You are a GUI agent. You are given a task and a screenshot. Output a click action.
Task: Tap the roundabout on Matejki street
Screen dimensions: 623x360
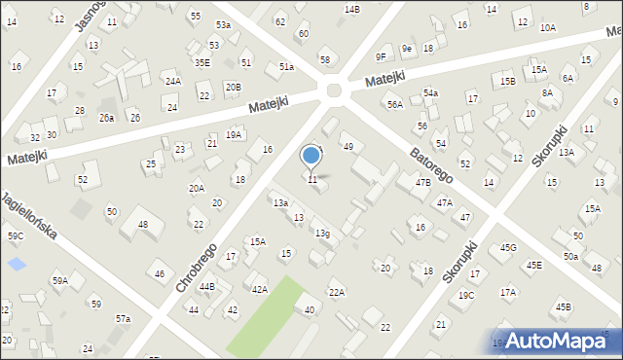pyautogui.click(x=335, y=91)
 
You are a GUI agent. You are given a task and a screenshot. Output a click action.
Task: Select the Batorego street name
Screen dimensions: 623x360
pyautogui.click(x=430, y=153)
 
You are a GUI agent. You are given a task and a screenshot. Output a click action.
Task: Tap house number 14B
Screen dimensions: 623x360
pyautogui.click(x=351, y=9)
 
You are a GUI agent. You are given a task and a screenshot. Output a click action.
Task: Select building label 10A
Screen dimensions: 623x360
pyautogui.click(x=548, y=28)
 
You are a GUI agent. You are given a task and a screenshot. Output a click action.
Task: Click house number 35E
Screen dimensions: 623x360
pyautogui.click(x=202, y=62)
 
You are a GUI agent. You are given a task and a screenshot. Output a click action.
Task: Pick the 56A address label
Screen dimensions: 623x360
pyautogui.click(x=394, y=104)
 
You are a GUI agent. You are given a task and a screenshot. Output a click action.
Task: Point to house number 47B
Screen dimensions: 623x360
pyautogui.click(x=422, y=183)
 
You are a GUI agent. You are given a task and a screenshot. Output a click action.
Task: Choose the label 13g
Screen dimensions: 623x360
pyautogui.click(x=321, y=234)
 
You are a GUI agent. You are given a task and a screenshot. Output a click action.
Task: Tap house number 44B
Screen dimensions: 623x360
pyautogui.click(x=207, y=287)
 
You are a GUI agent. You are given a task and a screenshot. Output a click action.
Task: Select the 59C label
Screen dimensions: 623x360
pyautogui.click(x=16, y=236)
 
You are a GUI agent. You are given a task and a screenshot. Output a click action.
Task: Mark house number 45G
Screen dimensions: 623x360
pyautogui.click(x=508, y=248)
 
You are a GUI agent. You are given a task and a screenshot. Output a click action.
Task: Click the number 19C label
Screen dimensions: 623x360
pyautogui.click(x=466, y=296)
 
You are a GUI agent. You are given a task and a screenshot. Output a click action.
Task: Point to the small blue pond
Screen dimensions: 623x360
pyautogui.click(x=17, y=264)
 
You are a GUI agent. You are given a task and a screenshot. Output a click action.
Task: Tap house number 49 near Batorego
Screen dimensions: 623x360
pyautogui.click(x=348, y=147)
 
